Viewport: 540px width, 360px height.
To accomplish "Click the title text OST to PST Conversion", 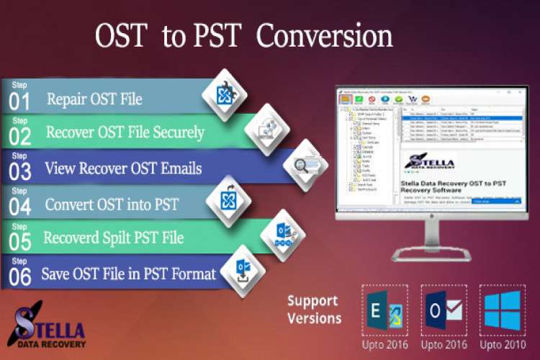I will click(244, 36).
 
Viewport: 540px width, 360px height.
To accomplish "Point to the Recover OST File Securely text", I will click(125, 132).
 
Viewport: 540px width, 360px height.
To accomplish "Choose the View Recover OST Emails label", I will click(122, 168).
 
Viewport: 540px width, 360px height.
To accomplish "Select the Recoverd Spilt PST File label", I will click(113, 238).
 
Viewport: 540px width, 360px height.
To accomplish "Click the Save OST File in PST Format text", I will click(127, 274).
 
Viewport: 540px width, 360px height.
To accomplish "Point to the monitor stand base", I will click(431, 256).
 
